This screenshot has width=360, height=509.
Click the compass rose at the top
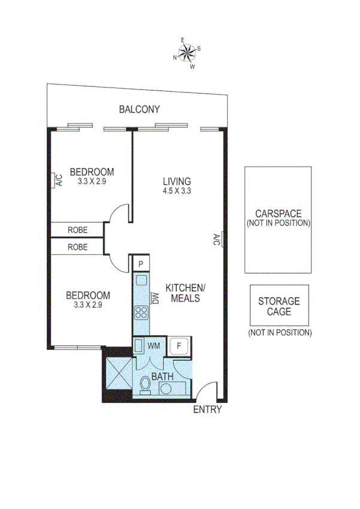[x=187, y=53]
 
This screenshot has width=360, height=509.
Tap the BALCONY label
[x=140, y=109]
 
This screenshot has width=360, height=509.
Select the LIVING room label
[x=177, y=181]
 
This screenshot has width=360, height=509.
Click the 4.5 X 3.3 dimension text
[x=177, y=191]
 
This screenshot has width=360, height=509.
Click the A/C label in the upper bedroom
[x=58, y=180]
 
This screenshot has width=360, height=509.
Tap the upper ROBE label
[x=78, y=230]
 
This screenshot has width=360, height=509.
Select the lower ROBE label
[x=78, y=247]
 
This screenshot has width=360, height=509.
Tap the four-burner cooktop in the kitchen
[x=141, y=312]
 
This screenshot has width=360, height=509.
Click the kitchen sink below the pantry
[x=141, y=280]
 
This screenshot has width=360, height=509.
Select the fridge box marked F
[x=178, y=346]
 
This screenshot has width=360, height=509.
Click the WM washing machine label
[x=153, y=346]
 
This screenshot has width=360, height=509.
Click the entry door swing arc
[x=205, y=390]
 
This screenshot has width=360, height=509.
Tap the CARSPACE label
[x=277, y=213]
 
